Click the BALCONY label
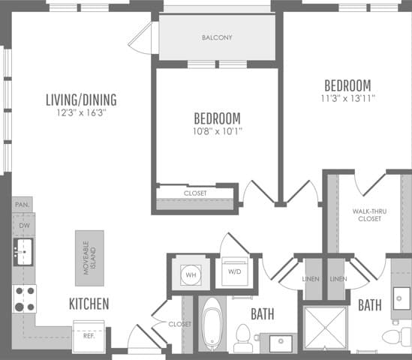[x=217, y=37]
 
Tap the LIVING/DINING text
[x=81, y=100]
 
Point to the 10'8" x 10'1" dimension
[x=218, y=132]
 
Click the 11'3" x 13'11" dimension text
[x=348, y=97]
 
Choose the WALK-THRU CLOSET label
[x=368, y=215]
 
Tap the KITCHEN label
[x=89, y=304]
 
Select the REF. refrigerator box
[x=89, y=336]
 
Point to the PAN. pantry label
[x=21, y=204]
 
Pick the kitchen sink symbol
[x=23, y=251]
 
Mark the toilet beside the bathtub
[x=242, y=337]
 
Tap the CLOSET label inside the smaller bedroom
[x=196, y=193]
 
